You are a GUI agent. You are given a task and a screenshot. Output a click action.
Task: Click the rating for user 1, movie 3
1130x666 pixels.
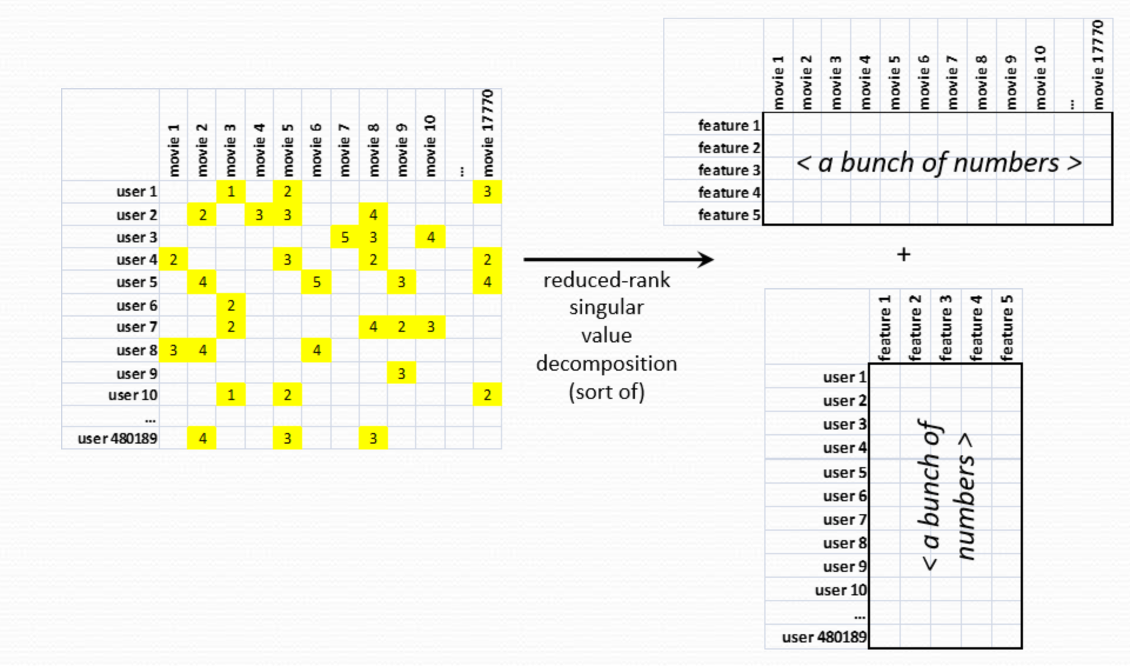(x=230, y=192)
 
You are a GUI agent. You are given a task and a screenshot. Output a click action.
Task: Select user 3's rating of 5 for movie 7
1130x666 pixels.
(x=345, y=237)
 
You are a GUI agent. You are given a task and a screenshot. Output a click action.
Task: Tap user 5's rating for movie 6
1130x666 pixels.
(x=316, y=282)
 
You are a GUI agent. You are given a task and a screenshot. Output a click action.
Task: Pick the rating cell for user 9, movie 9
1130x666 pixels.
(x=401, y=374)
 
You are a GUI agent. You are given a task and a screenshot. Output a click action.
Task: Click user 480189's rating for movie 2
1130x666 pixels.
(x=202, y=438)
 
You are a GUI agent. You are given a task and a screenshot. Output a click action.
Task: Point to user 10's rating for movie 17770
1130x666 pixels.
(x=487, y=395)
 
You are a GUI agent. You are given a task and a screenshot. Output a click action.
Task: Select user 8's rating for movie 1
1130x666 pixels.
(x=173, y=351)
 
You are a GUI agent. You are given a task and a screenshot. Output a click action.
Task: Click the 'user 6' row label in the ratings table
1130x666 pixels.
(x=136, y=305)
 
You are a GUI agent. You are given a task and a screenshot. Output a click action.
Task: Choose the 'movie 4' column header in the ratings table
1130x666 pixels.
(x=259, y=149)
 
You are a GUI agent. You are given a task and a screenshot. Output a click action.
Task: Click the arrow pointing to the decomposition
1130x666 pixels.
(x=617, y=259)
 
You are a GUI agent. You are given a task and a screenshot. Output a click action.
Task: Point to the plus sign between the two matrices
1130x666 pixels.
(x=904, y=255)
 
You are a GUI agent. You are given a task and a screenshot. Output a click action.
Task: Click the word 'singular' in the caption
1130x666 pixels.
(x=606, y=308)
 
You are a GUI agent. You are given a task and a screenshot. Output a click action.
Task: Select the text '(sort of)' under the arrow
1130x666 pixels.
(x=606, y=392)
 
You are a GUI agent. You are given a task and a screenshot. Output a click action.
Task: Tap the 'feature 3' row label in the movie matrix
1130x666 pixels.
(x=728, y=170)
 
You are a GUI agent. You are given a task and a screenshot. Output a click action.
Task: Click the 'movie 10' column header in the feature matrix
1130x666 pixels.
(x=1039, y=78)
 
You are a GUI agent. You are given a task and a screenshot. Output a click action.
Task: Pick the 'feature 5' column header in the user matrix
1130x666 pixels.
(x=1007, y=328)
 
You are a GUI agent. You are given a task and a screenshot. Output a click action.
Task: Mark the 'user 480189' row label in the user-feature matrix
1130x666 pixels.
(x=824, y=637)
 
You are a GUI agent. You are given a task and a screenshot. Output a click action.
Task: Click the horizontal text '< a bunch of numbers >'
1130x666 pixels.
(x=938, y=163)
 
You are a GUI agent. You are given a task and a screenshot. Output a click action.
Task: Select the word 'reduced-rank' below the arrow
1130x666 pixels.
(x=606, y=280)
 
